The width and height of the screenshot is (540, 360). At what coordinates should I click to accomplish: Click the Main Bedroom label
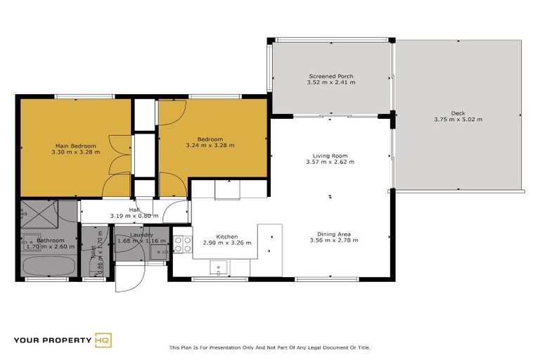(75, 146)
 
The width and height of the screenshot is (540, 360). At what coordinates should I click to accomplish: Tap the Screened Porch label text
(330, 76)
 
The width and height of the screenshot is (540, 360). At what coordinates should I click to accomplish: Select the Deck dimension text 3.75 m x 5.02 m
(458, 120)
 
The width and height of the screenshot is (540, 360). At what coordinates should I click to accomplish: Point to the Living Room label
(330, 155)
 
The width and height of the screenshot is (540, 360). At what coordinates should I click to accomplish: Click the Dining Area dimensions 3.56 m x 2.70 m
(334, 240)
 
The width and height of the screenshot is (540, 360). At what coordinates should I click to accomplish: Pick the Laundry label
(141, 235)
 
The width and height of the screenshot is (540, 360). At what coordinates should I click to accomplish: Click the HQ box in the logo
(103, 341)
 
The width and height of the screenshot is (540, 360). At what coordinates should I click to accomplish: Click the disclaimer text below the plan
(269, 347)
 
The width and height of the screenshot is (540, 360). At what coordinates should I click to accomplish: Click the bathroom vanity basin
(27, 239)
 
